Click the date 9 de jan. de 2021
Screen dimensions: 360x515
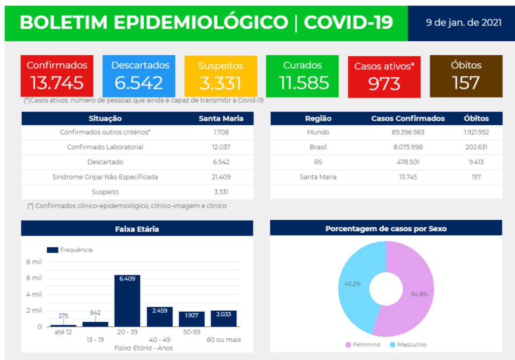pyautogui.click(x=463, y=23)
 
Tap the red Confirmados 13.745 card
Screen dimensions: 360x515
pyautogui.click(x=57, y=76)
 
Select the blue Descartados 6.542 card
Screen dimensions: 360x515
pyautogui.click(x=139, y=76)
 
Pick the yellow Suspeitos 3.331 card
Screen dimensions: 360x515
pyautogui.click(x=220, y=76)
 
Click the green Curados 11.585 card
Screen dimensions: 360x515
pyautogui.click(x=302, y=76)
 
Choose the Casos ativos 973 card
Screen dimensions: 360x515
pyautogui.click(x=384, y=76)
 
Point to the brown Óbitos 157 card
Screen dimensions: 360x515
pyautogui.click(x=466, y=76)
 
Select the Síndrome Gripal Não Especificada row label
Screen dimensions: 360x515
pyautogui.click(x=105, y=177)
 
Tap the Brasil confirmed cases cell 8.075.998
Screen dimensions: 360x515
pyautogui.click(x=408, y=147)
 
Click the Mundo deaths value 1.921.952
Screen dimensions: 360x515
pyautogui.click(x=476, y=132)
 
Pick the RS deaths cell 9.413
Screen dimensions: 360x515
pyautogui.click(x=476, y=162)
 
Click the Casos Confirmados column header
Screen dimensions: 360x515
pyautogui.click(x=408, y=119)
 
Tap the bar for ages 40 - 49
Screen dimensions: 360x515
pyautogui.click(x=159, y=317)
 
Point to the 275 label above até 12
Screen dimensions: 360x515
pyautogui.click(x=63, y=315)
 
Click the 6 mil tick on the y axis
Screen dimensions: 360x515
pyautogui.click(x=34, y=278)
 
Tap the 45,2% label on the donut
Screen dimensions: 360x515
pyautogui.click(x=352, y=284)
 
